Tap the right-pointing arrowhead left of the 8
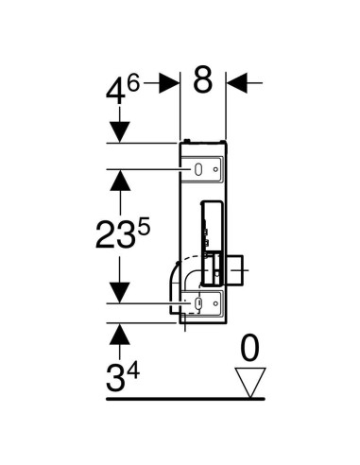click(x=169, y=82)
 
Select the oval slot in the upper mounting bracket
click(x=199, y=169)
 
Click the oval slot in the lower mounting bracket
click(x=199, y=303)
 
